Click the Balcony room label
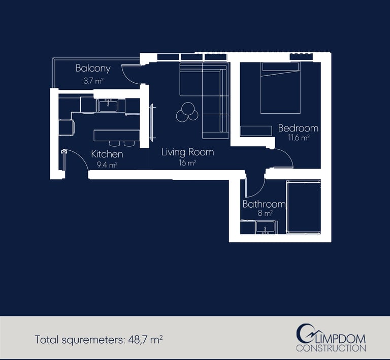(x=93, y=68)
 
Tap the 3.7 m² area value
(x=93, y=81)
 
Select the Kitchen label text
(x=107, y=154)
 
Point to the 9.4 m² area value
(x=107, y=165)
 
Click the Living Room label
(x=187, y=152)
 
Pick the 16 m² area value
(x=187, y=163)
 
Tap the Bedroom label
(x=298, y=128)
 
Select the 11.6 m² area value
(x=299, y=138)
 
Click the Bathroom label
(x=264, y=204)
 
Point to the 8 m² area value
(x=265, y=213)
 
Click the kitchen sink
(x=108, y=106)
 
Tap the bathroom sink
(x=266, y=227)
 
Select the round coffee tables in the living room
(x=187, y=112)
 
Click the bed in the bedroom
(x=280, y=87)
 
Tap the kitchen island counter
(x=117, y=136)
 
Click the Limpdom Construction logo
(x=331, y=338)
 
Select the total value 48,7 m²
(x=146, y=339)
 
